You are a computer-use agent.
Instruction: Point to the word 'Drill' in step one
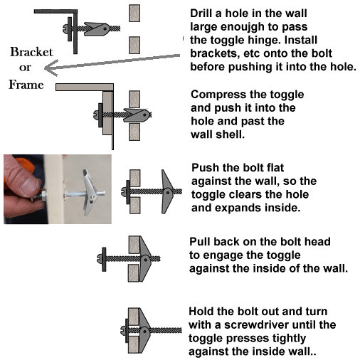(x=205, y=14)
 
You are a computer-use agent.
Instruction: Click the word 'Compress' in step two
(x=220, y=95)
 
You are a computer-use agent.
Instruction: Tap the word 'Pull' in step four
(x=201, y=242)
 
